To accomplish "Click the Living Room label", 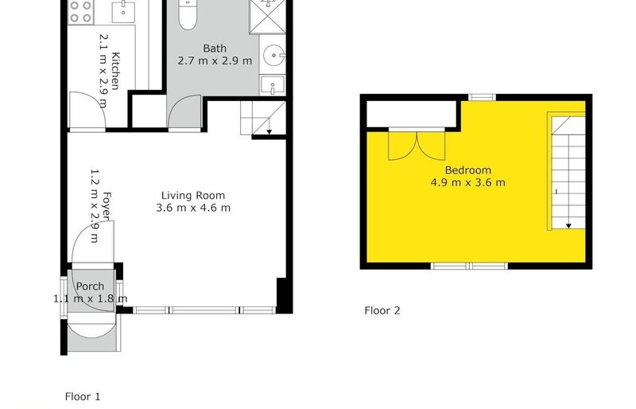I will click(193, 195).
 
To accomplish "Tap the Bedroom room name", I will click(467, 169).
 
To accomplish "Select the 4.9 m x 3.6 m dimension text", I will click(467, 182).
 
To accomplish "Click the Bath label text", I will click(214, 48).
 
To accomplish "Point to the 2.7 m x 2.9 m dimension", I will click(214, 60).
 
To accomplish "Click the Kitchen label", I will click(116, 71).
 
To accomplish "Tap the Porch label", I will click(90, 286).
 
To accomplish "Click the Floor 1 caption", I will click(82, 395).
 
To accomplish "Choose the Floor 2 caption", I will click(382, 310).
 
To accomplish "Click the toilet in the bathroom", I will click(188, 16).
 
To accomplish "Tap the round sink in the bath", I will click(275, 56).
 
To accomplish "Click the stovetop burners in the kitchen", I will click(80, 11).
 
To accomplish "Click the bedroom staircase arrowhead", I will click(569, 226).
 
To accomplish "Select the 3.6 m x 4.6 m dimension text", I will click(193, 208).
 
